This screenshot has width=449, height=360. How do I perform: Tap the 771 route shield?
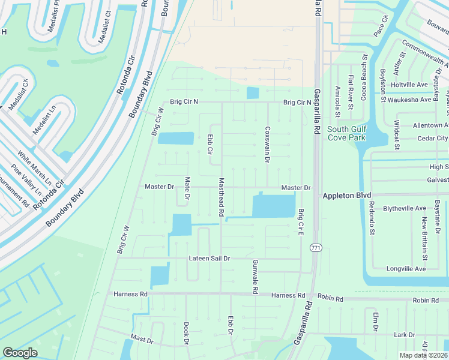[315, 248]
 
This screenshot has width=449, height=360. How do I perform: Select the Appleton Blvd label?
[347, 196]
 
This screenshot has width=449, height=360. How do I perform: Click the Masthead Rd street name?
[221, 197]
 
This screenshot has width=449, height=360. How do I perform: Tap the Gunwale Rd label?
[255, 277]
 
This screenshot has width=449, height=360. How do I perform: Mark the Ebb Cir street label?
[210, 144]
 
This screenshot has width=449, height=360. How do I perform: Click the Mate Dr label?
[187, 188]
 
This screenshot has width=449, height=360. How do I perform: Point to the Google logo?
[20, 353]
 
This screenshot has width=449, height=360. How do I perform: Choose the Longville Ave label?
[406, 269]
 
